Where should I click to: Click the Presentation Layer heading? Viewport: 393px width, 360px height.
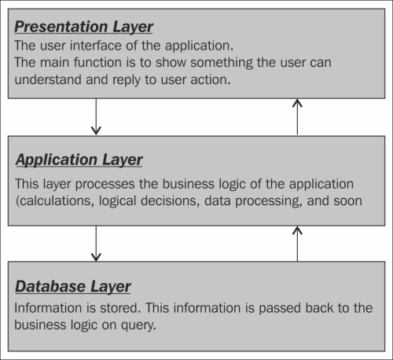[x=83, y=28]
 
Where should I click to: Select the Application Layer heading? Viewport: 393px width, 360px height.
[x=79, y=160]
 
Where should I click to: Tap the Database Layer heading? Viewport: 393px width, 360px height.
[x=73, y=287]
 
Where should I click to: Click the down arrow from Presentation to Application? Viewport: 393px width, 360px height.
[x=96, y=117]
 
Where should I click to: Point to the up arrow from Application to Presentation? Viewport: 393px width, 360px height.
[x=297, y=117]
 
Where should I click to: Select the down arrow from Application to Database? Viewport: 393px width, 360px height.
[x=96, y=244]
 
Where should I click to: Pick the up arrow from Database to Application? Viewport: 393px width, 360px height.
[x=297, y=244]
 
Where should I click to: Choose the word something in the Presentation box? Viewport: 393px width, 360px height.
[x=222, y=63]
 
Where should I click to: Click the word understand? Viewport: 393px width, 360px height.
[x=48, y=79]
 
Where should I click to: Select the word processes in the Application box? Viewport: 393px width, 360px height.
[x=105, y=185]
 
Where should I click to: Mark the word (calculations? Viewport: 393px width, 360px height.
[x=55, y=201]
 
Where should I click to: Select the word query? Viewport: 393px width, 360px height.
[x=138, y=326]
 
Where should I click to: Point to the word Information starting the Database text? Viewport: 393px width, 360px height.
[x=48, y=308]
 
